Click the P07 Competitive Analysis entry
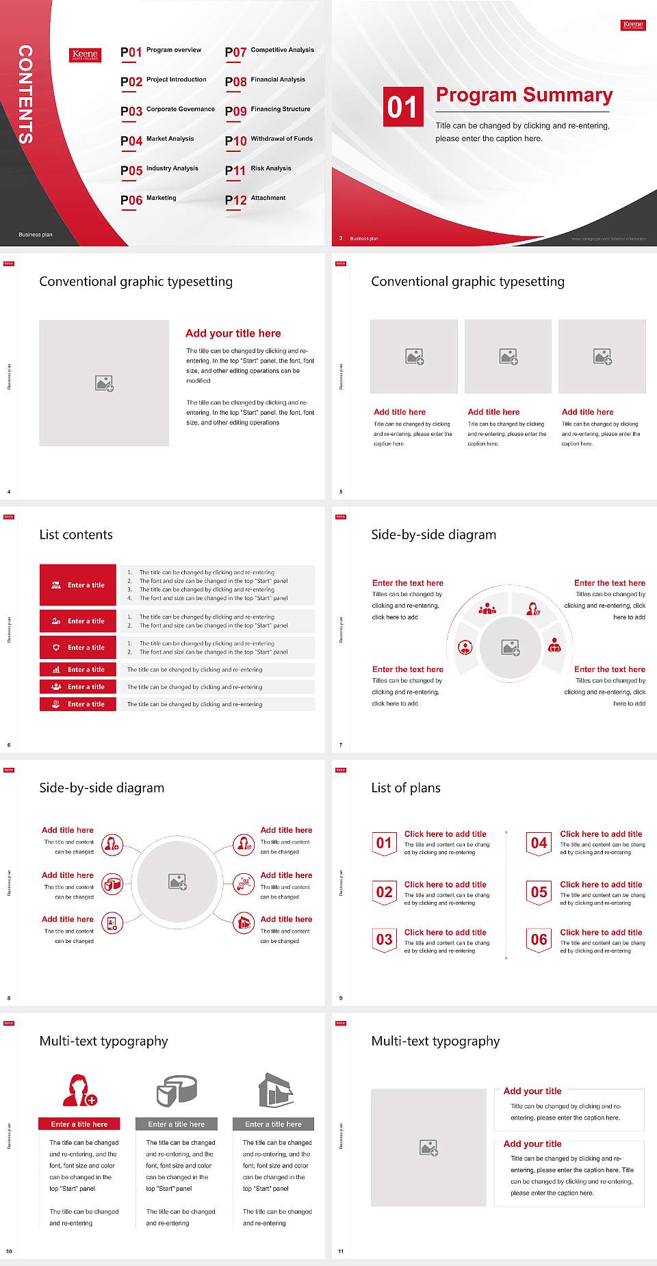[x=269, y=51]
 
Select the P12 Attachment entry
[x=255, y=199]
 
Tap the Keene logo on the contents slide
[x=86, y=55]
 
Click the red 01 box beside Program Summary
[x=402, y=107]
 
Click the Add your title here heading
[x=233, y=333]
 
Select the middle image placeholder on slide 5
[x=508, y=357]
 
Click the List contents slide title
[x=76, y=534]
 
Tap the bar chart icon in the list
[x=56, y=669]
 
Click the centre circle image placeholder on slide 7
[x=510, y=647]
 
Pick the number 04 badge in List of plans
[x=539, y=843]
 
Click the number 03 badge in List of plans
[x=385, y=940]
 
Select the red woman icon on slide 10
[x=79, y=1090]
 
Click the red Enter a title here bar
[x=79, y=1124]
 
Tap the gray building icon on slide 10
[x=275, y=1090]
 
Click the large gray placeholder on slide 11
[x=428, y=1148]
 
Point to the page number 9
[x=340, y=998]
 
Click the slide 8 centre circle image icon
[x=178, y=882]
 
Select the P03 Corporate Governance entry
[x=168, y=110]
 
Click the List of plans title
[x=406, y=788]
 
